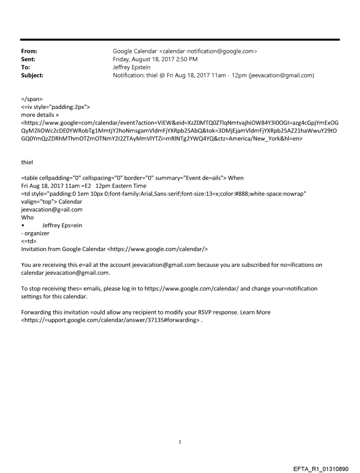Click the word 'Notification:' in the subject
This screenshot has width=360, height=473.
tap(130, 75)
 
